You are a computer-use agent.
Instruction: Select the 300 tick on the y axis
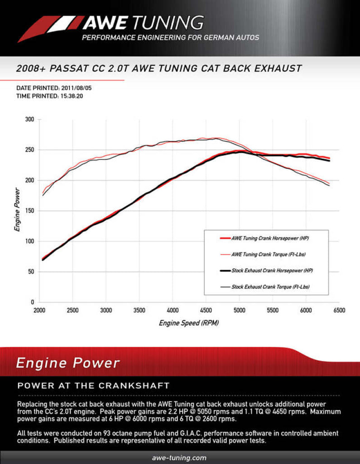click(x=29, y=120)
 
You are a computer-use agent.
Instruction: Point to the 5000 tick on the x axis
click(x=239, y=310)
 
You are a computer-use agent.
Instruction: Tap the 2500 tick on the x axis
click(x=72, y=310)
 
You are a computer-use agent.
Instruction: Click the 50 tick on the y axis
click(x=31, y=272)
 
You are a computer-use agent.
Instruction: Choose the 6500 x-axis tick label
click(x=339, y=310)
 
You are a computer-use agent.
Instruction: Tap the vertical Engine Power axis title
click(x=17, y=210)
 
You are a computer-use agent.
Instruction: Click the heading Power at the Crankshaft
click(x=93, y=386)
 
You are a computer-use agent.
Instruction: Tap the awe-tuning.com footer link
click(x=180, y=458)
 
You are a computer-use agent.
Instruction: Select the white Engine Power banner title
click(x=68, y=363)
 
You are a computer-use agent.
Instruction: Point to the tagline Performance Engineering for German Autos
click(x=170, y=38)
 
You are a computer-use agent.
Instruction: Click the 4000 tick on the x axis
click(x=173, y=310)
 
